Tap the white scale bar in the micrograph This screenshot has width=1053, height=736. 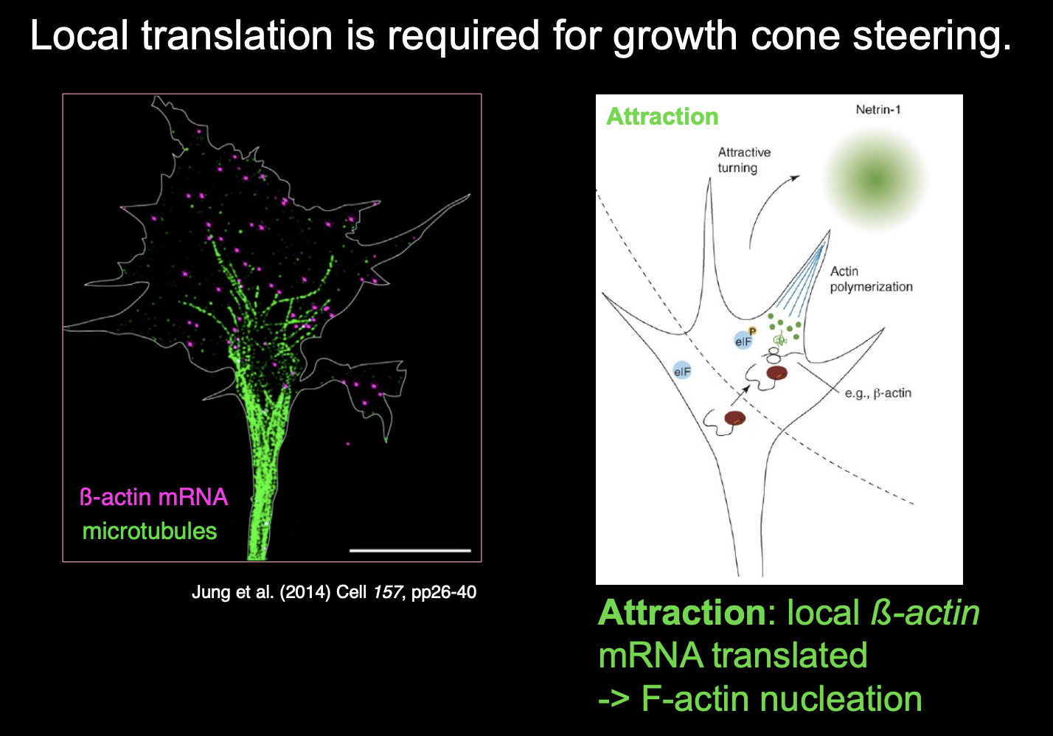click(410, 550)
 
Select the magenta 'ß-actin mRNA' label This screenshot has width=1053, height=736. click(153, 497)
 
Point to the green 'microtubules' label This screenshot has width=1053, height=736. click(150, 531)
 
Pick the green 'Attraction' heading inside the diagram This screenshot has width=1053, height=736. click(662, 117)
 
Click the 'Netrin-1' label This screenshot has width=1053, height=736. click(878, 110)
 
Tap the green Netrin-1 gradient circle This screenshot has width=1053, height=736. click(875, 179)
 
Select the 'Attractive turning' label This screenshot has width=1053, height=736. click(744, 160)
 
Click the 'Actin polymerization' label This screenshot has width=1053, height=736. click(871, 279)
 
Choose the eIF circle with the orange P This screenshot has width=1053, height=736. click(744, 340)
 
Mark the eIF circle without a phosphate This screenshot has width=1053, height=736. click(682, 371)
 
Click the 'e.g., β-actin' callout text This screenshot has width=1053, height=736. click(877, 393)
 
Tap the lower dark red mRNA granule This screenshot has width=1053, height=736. click(735, 419)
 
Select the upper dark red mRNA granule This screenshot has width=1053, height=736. click(776, 373)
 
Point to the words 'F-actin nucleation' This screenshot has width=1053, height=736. click(782, 699)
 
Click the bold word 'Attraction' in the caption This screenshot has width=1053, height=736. click(682, 613)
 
